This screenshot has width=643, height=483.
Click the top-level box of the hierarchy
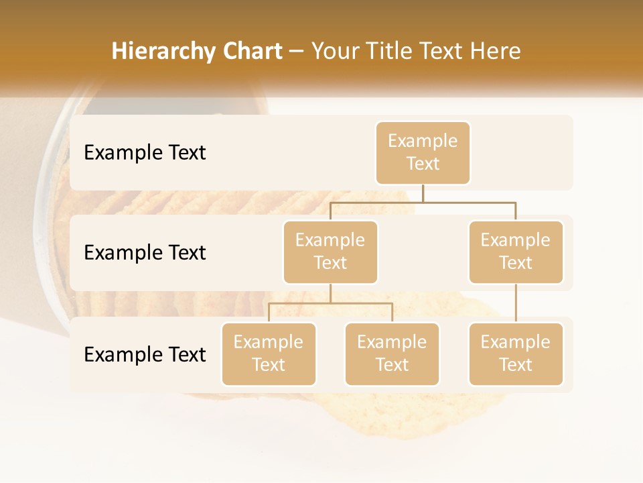[x=423, y=153]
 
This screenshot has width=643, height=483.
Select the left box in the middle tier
[x=330, y=252]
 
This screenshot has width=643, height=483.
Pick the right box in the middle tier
[x=516, y=252]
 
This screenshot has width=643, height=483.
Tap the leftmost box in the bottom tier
[x=269, y=354]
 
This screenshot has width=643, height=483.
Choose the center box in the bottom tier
[x=392, y=354]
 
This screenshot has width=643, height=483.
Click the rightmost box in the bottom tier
[x=516, y=354]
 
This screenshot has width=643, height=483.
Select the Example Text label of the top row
[x=145, y=153]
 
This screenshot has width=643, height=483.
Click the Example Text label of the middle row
[x=145, y=253]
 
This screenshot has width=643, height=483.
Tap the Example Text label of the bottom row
[x=145, y=354]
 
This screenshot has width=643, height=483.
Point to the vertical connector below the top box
[x=423, y=193]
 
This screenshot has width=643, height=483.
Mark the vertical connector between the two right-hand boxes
[x=516, y=303]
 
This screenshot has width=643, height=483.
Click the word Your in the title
[x=334, y=52]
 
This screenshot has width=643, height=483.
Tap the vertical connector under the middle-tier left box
[x=330, y=293]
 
